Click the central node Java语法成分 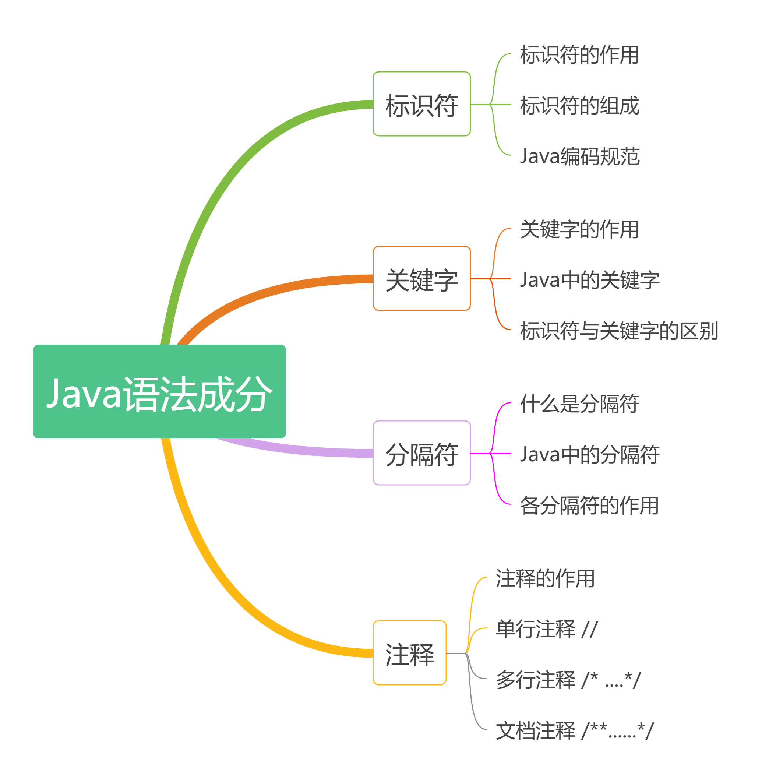click(159, 391)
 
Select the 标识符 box click(421, 104)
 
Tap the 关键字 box click(421, 279)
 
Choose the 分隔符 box click(421, 453)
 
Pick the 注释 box click(409, 653)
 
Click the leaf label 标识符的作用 click(579, 55)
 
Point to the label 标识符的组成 click(579, 105)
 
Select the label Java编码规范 click(579, 156)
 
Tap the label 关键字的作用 click(579, 229)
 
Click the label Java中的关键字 click(589, 280)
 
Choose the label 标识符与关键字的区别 click(619, 331)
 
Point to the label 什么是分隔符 click(579, 404)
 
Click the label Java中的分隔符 click(589, 454)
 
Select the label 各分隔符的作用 click(589, 505)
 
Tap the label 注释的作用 click(545, 578)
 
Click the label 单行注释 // click(546, 629)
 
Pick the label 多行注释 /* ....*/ click(568, 680)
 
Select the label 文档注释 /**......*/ click(574, 730)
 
